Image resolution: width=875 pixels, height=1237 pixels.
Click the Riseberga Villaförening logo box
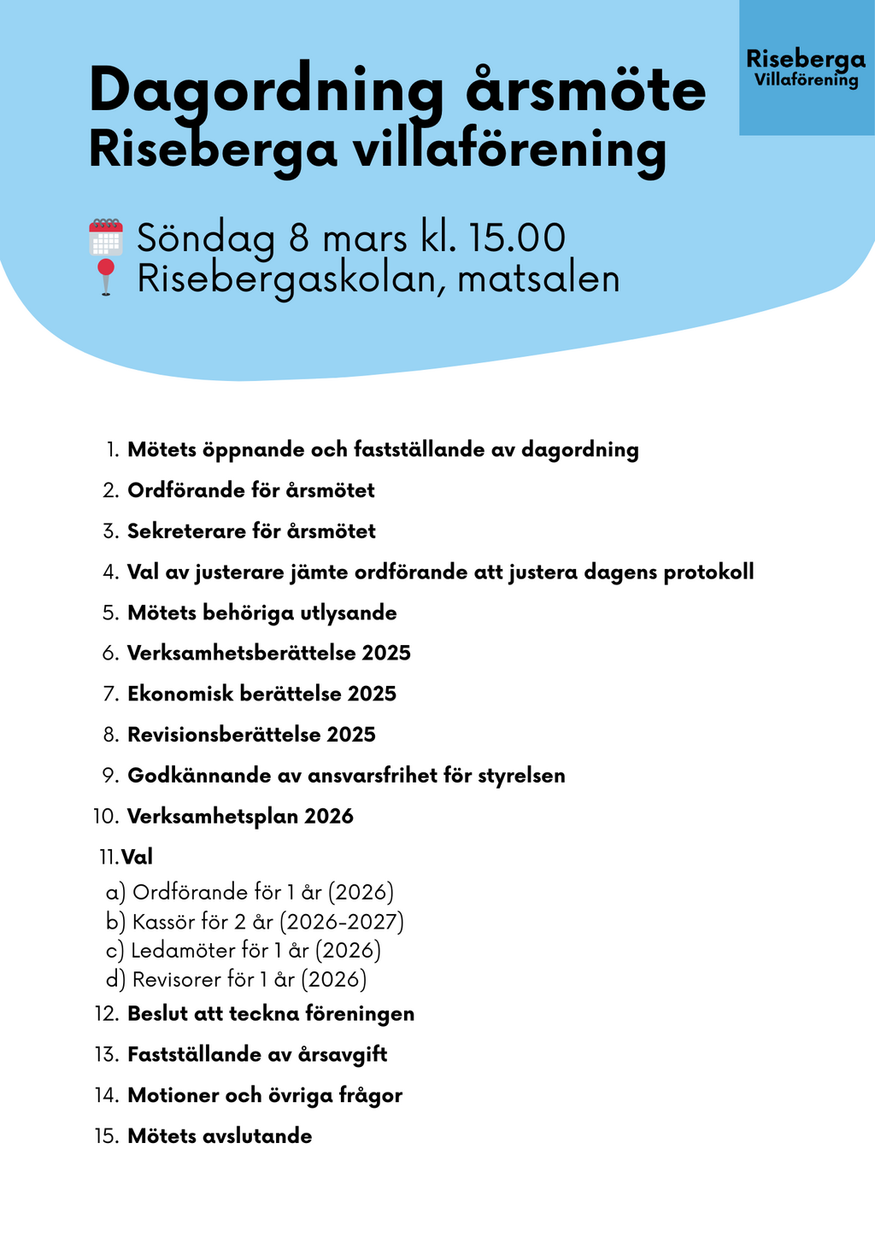(x=806, y=67)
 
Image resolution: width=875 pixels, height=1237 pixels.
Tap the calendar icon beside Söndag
(x=106, y=237)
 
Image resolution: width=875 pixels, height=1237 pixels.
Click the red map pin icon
(x=105, y=277)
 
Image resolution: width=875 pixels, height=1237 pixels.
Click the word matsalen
(x=538, y=279)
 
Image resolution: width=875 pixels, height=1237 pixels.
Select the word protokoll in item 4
(x=708, y=572)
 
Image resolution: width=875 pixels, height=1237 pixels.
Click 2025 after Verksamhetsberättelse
(x=386, y=654)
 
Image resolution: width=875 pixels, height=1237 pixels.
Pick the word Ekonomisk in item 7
(x=180, y=694)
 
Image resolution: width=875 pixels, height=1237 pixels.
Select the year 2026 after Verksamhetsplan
(x=329, y=817)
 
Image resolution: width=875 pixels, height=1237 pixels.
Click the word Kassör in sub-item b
(x=159, y=922)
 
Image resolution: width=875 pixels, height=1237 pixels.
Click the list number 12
(x=107, y=1014)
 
